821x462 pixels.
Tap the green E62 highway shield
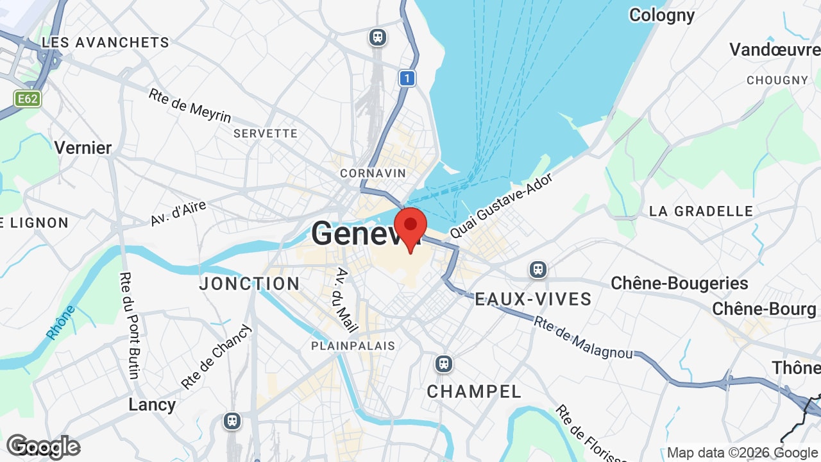28,99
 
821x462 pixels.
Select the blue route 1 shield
407,78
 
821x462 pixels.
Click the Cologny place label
661,15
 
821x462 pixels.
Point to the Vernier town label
83,148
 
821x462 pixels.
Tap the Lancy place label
152,404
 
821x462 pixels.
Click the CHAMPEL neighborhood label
474,391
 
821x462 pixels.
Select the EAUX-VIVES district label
533,299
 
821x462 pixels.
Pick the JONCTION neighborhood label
250,284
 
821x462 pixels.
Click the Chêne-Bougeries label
679,283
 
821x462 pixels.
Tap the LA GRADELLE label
701,211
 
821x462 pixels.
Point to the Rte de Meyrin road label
190,105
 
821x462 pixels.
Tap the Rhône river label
61,322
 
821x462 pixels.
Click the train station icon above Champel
443,364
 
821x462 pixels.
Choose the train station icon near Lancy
232,421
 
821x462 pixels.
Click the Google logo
43,447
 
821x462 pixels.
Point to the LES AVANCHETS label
105,42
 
